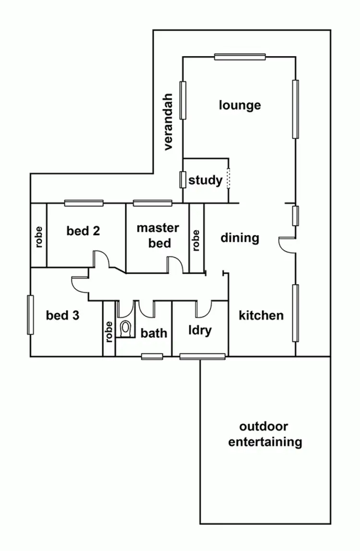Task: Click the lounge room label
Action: [240, 105]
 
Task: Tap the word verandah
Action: [168, 121]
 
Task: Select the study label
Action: [205, 180]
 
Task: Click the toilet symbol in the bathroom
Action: [126, 329]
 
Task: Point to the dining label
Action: [240, 238]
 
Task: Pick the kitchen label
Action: [261, 315]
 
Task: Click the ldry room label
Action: [200, 331]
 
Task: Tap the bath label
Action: [154, 333]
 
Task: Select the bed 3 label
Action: [62, 315]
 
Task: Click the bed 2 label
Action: [83, 231]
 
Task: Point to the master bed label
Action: [158, 235]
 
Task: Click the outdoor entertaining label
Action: [264, 434]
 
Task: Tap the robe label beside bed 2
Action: [39, 236]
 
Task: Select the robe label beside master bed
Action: [196, 240]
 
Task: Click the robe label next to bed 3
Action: [109, 331]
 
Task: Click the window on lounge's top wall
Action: [240, 57]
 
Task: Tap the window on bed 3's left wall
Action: [30, 314]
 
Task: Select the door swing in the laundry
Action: [204, 310]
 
